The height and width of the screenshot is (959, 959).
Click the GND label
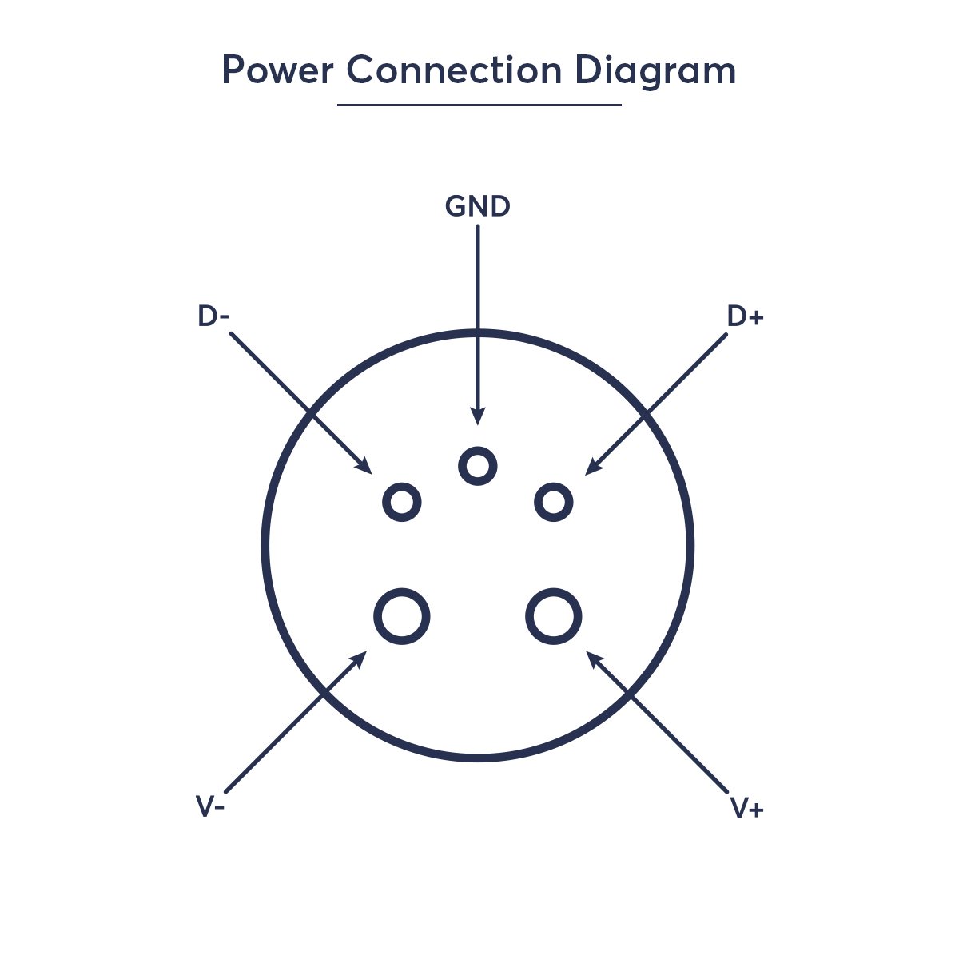pyautogui.click(x=477, y=207)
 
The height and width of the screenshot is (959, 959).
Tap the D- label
pyautogui.click(x=213, y=317)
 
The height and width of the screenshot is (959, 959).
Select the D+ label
pyautogui.click(x=745, y=317)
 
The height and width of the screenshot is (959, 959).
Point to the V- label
pyautogui.click(x=210, y=807)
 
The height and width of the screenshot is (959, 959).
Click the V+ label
pyautogui.click(x=747, y=809)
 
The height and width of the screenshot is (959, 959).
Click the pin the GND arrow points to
pyautogui.click(x=478, y=466)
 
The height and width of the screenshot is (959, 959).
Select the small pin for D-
pyautogui.click(x=402, y=503)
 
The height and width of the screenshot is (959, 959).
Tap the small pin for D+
pyautogui.click(x=553, y=503)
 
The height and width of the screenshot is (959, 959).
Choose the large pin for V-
pyautogui.click(x=402, y=616)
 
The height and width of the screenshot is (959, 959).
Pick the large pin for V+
pyautogui.click(x=553, y=616)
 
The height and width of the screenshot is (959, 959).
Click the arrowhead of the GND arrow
pyautogui.click(x=478, y=416)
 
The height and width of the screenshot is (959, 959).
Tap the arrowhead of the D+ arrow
pyautogui.click(x=591, y=468)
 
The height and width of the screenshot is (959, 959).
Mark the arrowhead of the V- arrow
pyautogui.click(x=360, y=658)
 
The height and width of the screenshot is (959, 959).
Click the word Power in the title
pyautogui.click(x=277, y=71)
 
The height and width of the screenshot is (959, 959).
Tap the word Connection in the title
pyautogui.click(x=454, y=71)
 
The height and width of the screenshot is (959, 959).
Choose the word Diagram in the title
pyautogui.click(x=655, y=71)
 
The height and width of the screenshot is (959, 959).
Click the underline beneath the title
pyautogui.click(x=479, y=105)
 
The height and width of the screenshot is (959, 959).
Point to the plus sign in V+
pyautogui.click(x=756, y=810)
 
